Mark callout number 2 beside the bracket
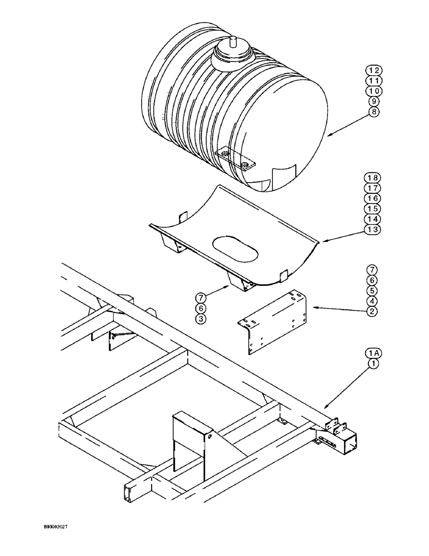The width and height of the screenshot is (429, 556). pos(371,311)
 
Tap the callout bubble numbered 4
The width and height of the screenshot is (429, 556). pos(371,301)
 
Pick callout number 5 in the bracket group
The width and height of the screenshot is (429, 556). pos(371,290)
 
